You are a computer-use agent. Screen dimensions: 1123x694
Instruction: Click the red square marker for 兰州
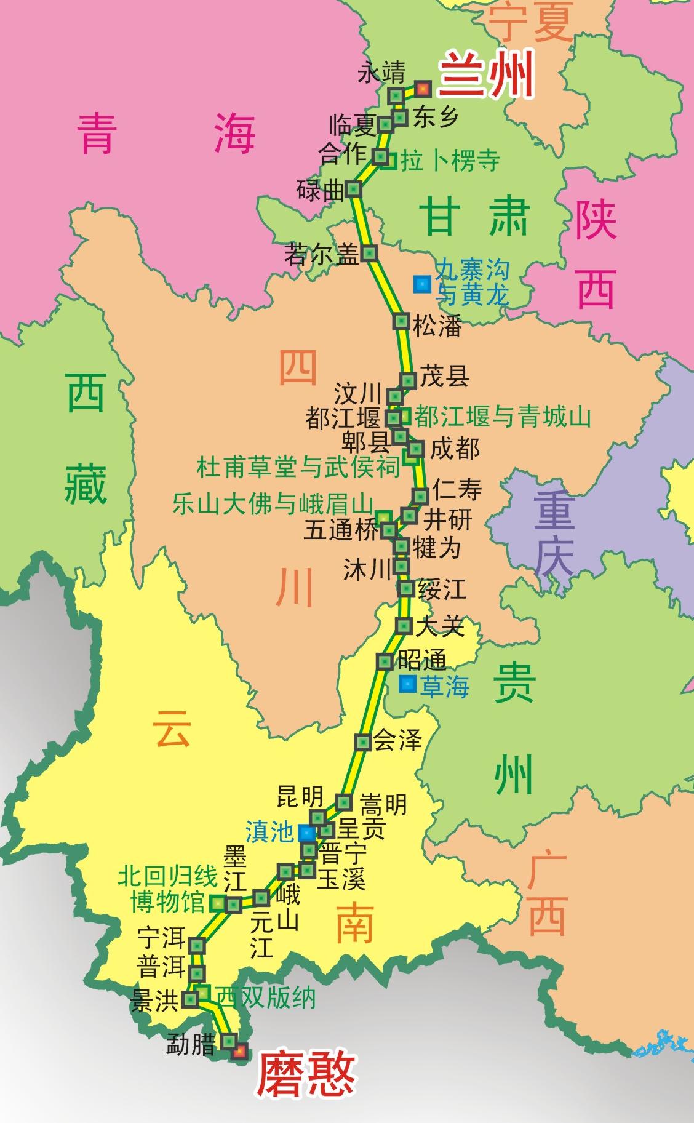[x=422, y=89]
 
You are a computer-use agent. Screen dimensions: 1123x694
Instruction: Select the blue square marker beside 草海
[x=407, y=684]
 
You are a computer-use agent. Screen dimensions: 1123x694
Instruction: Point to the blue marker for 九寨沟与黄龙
[x=422, y=284]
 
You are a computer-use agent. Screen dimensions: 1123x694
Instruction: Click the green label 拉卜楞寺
[x=450, y=161]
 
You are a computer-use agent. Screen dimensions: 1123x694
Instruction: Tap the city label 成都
[x=455, y=449]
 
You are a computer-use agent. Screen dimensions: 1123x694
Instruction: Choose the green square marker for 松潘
[x=401, y=321]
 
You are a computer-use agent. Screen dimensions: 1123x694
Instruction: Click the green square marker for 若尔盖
[x=369, y=253]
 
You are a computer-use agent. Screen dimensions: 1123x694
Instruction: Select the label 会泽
[x=397, y=741]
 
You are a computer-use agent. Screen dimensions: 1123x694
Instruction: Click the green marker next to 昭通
[x=385, y=661]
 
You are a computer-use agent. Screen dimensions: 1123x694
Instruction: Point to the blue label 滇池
[x=269, y=832]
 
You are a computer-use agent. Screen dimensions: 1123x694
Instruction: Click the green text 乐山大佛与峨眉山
[x=273, y=504]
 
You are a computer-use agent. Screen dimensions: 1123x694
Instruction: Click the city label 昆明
[x=300, y=797]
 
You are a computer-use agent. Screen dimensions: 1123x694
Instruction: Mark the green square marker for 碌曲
[x=354, y=189]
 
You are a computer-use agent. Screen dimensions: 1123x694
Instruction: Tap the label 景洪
[x=154, y=1002]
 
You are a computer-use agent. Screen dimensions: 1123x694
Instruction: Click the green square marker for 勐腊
[x=229, y=1041]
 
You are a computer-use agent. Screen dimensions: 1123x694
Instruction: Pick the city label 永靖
[x=381, y=73]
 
